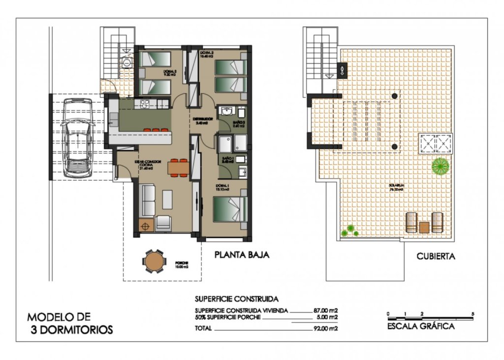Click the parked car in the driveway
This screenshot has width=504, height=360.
(x=77, y=138)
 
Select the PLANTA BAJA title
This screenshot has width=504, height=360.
(x=241, y=255)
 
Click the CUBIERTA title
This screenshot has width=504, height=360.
(x=435, y=256)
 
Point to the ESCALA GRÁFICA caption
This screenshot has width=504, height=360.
(x=420, y=326)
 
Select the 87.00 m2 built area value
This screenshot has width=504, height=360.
(x=325, y=311)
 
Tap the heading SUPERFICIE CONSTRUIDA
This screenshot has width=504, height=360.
(x=237, y=299)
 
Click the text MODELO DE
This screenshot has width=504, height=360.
(x=59, y=317)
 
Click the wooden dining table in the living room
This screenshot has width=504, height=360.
(x=178, y=168)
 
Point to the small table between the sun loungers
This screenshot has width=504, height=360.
(x=424, y=227)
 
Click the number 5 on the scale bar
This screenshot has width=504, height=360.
(x=472, y=313)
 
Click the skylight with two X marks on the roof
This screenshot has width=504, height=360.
(x=435, y=144)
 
